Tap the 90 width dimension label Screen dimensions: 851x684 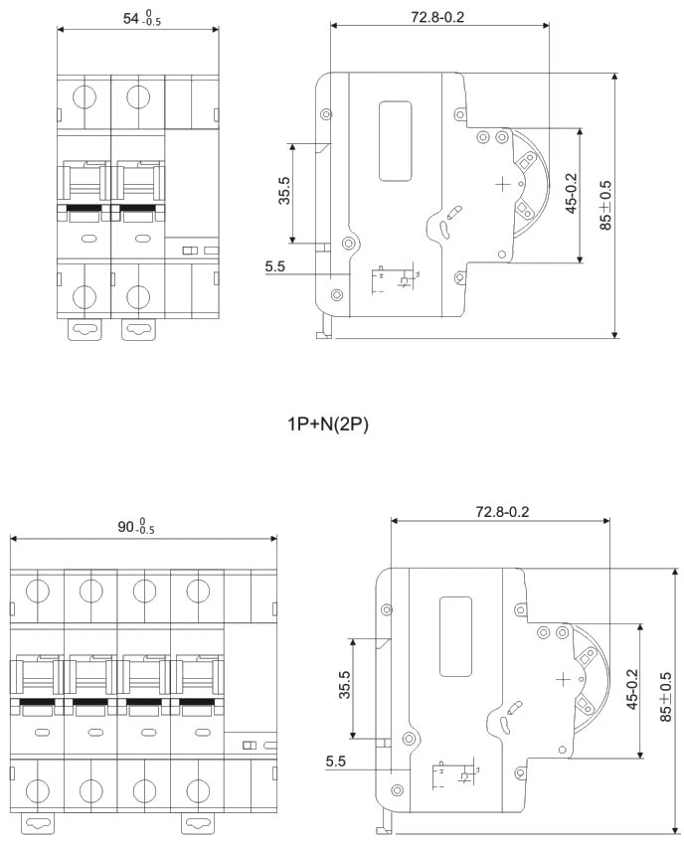137,525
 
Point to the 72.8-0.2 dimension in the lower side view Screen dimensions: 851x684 501,511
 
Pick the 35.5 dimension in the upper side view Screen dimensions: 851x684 283,191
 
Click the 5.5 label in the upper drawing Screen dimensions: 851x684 275,266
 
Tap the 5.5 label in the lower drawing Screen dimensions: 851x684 336,763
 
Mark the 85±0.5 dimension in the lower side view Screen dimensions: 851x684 665,701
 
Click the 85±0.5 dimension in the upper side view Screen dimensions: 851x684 605,205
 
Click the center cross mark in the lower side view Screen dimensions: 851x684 564,679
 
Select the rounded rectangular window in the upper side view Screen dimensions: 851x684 395,141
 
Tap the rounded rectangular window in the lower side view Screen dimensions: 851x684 455,636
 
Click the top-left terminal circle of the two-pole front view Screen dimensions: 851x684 85,96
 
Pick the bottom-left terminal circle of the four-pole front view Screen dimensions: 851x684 38,791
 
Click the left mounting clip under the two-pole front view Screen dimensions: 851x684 85,329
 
